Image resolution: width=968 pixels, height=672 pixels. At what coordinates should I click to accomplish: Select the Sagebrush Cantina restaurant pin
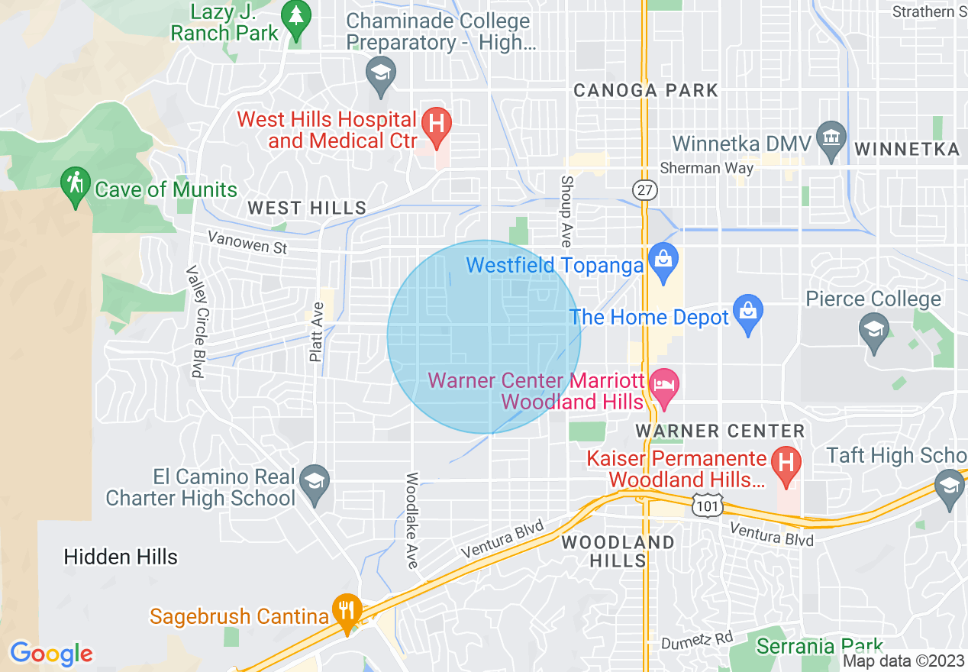(347, 610)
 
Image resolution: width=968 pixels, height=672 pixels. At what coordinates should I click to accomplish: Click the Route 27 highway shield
(645, 190)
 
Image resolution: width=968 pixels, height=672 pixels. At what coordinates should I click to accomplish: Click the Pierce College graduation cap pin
(873, 331)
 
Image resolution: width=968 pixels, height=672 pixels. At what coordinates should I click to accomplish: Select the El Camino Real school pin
(315, 482)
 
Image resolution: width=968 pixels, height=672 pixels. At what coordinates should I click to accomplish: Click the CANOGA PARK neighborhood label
(646, 90)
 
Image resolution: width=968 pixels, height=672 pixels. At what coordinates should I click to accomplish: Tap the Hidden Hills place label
(121, 557)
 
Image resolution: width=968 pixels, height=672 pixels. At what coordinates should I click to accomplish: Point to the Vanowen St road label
(247, 244)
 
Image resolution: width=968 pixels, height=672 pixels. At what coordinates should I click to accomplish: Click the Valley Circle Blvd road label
(195, 321)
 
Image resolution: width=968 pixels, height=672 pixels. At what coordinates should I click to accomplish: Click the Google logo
(51, 654)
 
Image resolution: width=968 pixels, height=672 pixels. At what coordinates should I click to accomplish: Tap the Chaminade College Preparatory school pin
(379, 73)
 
